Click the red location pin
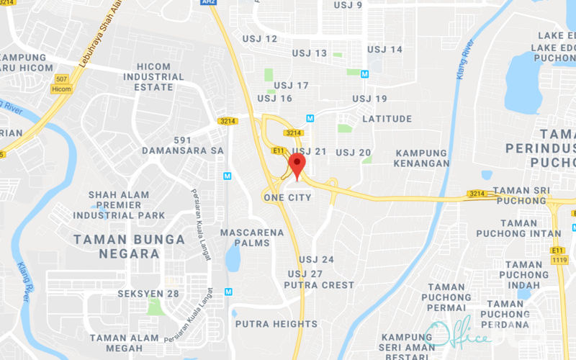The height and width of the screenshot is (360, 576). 297,165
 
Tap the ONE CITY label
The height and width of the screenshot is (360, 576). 288,197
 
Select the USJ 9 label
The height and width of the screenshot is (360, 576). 348,5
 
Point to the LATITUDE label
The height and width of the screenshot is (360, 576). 387,119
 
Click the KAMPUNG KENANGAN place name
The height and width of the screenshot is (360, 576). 422,158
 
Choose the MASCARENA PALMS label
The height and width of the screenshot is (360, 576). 245,238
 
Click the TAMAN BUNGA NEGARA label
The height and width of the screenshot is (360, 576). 120,246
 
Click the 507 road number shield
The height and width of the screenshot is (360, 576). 60,78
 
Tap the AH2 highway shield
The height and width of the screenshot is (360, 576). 209,2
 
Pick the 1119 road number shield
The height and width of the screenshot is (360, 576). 559,260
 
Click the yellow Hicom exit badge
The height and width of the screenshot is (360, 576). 61,89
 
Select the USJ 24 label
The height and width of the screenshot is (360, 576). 317,259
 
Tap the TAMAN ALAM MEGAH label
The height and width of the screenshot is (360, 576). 125,343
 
